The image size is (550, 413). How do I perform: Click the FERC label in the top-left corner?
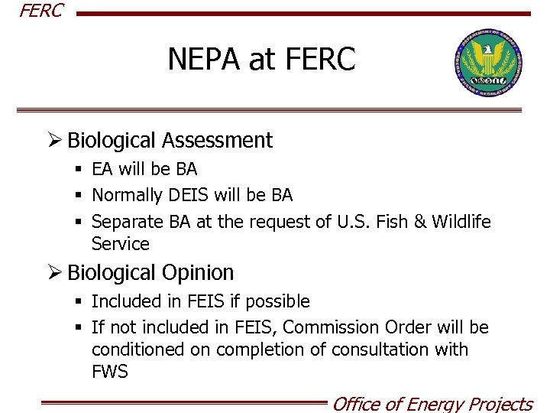click(x=40, y=11)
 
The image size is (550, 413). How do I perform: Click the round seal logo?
click(x=488, y=64)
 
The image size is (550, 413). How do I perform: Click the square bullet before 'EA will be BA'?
click(x=78, y=169)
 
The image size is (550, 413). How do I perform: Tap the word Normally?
click(x=128, y=196)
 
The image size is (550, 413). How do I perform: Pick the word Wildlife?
click(x=461, y=222)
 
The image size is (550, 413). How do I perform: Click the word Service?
click(x=120, y=244)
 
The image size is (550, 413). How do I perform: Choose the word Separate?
click(x=127, y=222)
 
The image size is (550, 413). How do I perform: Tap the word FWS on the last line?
click(x=109, y=372)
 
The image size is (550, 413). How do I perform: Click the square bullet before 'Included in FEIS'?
click(x=78, y=301)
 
